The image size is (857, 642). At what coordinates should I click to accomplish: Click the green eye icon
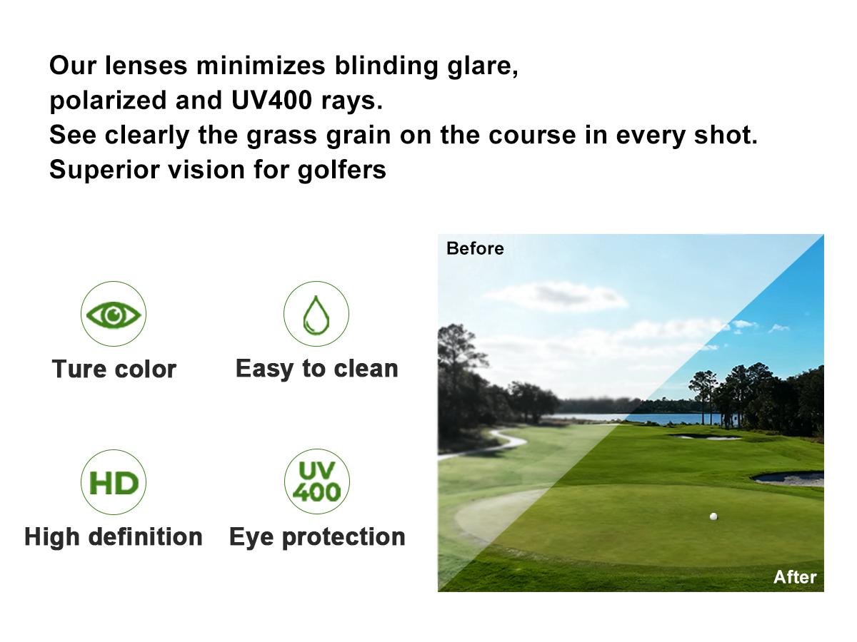(114, 315)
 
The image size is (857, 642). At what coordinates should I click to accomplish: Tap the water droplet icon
(316, 315)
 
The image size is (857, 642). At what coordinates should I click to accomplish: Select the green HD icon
(114, 483)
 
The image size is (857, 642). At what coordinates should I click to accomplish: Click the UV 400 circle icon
(316, 482)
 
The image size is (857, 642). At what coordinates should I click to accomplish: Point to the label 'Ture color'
(114, 370)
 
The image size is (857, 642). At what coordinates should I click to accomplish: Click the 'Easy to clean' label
(316, 369)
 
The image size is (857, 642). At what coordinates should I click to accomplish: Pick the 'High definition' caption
(114, 536)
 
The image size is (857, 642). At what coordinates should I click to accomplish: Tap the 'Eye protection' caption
(317, 536)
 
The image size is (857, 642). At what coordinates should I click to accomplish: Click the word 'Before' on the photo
(475, 248)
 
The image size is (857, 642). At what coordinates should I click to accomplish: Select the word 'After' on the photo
(794, 576)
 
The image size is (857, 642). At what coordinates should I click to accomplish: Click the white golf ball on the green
(713, 516)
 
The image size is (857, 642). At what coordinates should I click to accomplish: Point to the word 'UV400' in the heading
(271, 101)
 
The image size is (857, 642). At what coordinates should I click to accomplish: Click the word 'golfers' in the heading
(342, 170)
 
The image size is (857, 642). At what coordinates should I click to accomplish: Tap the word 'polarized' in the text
(108, 101)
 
